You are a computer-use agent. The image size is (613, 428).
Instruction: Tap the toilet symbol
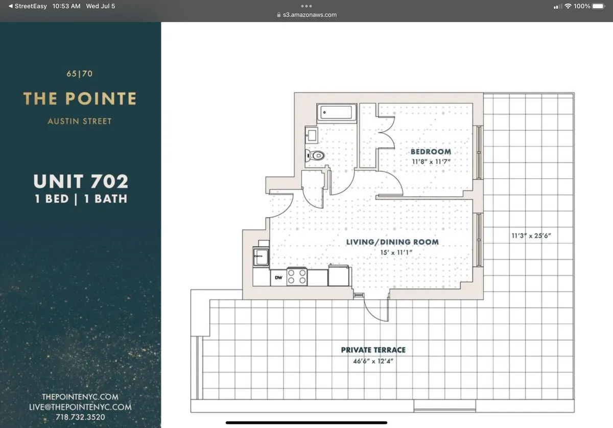pos(315,155)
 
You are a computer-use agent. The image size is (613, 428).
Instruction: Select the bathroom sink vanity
pos(311,135)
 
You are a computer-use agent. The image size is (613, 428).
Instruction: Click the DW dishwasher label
pos(278,278)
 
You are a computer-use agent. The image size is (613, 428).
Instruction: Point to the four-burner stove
pos(297,277)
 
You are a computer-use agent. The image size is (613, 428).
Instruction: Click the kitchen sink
pos(261,256)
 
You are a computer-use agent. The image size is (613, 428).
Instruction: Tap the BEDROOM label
pos(431,152)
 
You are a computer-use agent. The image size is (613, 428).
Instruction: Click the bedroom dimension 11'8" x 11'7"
pos(431,162)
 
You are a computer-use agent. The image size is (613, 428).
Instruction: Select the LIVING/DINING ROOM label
pos(392,242)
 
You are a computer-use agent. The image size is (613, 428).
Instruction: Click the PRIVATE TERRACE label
pos(373,350)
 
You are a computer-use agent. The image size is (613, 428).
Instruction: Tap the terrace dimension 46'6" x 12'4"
pos(373,361)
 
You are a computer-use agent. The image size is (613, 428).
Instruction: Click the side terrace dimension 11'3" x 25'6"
pos(531,236)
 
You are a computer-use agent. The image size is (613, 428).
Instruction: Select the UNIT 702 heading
pos(81,181)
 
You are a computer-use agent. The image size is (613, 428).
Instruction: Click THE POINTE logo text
pos(80,99)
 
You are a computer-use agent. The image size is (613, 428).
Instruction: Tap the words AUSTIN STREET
pos(80,122)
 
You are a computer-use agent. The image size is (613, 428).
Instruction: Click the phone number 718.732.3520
pos(80,417)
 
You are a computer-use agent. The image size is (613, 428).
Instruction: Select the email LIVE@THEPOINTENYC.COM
pos(80,407)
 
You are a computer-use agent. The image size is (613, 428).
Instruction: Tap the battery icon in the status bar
pos(598,6)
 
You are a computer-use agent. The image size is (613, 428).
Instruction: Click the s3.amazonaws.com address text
pos(310,15)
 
